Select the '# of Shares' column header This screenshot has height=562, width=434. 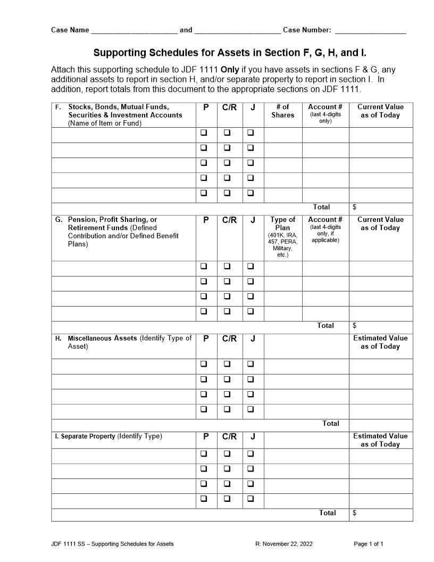(x=283, y=111)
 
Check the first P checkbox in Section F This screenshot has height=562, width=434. (x=204, y=133)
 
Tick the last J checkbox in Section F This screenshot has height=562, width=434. (x=251, y=193)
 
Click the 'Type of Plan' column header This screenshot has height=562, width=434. (x=283, y=224)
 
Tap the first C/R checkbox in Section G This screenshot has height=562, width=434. (x=227, y=266)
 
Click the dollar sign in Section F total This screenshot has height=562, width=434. (x=355, y=207)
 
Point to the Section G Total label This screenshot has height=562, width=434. (x=325, y=325)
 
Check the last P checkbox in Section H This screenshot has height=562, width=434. (x=204, y=409)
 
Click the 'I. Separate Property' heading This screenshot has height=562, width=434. (x=85, y=436)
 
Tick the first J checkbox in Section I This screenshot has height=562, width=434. (x=251, y=454)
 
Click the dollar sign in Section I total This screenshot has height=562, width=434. (x=355, y=513)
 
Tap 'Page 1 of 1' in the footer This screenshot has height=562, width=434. (x=369, y=544)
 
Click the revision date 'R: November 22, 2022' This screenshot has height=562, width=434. (x=284, y=544)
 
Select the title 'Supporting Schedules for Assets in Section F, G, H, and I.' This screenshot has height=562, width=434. (x=230, y=53)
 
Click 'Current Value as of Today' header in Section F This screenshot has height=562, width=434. (x=380, y=111)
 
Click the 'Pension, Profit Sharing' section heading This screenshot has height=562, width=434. (x=113, y=219)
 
